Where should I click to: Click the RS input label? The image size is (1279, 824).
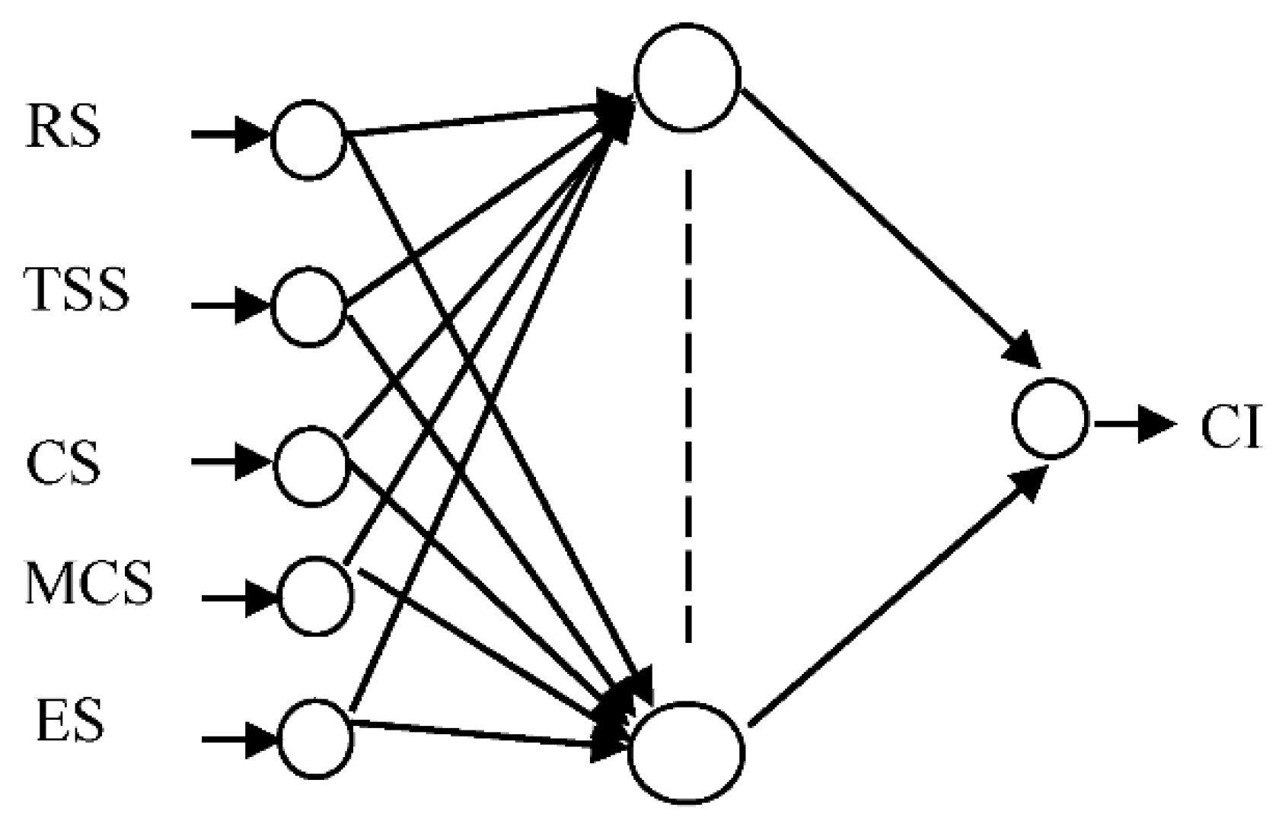click(x=63, y=127)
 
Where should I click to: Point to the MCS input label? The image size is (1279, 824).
click(x=89, y=584)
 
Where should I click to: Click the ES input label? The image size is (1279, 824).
click(x=69, y=721)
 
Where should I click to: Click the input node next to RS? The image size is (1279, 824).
click(x=308, y=139)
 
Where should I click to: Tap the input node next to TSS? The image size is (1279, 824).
click(x=308, y=307)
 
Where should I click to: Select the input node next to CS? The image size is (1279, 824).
click(x=311, y=466)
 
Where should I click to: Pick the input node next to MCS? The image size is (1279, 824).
click(x=316, y=596)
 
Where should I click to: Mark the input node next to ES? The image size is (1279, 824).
click(x=315, y=738)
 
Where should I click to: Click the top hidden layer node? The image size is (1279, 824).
click(x=687, y=77)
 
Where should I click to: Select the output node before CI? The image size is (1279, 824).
click(x=1050, y=418)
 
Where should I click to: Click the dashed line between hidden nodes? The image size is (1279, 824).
click(x=688, y=407)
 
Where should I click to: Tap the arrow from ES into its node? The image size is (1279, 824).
click(x=239, y=738)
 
